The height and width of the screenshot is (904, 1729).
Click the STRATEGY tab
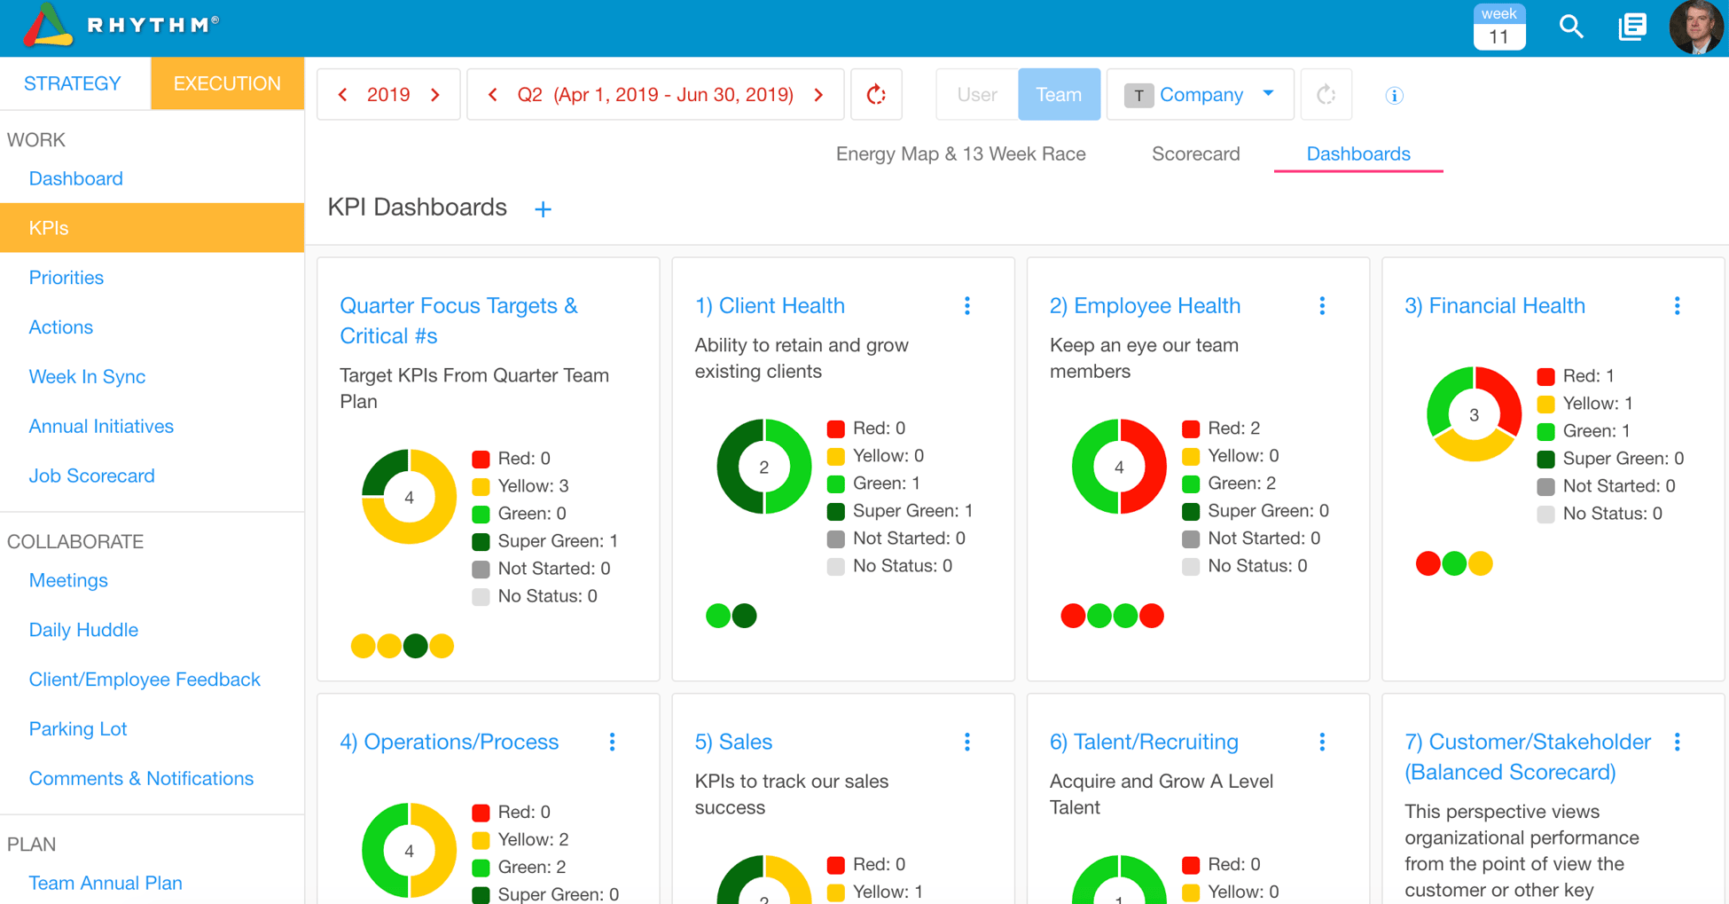[x=73, y=83]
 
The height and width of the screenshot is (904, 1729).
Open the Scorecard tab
[x=1195, y=153]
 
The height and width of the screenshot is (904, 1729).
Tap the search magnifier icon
[x=1570, y=27]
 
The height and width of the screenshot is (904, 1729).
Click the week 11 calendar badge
[x=1498, y=27]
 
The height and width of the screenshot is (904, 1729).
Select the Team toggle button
[x=1059, y=94]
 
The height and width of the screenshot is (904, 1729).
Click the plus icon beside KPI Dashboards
[x=544, y=209]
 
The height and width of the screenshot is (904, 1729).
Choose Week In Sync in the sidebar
[x=87, y=376]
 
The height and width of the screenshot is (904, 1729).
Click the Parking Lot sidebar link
[x=78, y=728]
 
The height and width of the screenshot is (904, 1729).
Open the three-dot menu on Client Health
[x=967, y=306]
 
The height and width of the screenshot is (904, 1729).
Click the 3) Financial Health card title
[x=1495, y=305]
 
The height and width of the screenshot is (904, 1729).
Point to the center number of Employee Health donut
[x=1119, y=467]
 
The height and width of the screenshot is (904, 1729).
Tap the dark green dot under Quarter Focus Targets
[x=415, y=646]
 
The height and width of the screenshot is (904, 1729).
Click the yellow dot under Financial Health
[x=1481, y=563]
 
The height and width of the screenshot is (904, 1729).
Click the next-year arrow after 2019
[x=435, y=94]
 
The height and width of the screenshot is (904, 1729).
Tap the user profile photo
[x=1695, y=27]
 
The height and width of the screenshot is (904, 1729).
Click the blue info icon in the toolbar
[x=1394, y=95]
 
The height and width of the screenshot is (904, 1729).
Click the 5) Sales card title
[x=733, y=742]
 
